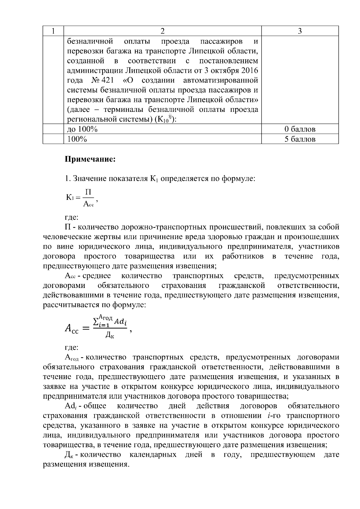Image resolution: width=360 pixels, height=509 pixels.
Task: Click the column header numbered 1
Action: click(x=53, y=31)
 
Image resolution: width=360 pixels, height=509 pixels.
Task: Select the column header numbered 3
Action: click(x=300, y=31)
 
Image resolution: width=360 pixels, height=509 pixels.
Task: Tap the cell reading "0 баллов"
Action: click(x=300, y=129)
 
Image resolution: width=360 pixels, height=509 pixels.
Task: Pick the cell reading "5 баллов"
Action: click(x=300, y=139)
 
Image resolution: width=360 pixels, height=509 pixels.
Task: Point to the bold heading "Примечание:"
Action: click(x=90, y=159)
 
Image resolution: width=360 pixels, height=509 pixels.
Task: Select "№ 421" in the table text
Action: click(x=102, y=80)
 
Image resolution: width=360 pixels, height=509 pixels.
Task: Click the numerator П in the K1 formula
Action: click(x=88, y=192)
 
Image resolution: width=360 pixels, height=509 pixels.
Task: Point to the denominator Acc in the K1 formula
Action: click(x=88, y=204)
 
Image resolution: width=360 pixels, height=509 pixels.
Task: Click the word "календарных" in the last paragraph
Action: click(x=153, y=455)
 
